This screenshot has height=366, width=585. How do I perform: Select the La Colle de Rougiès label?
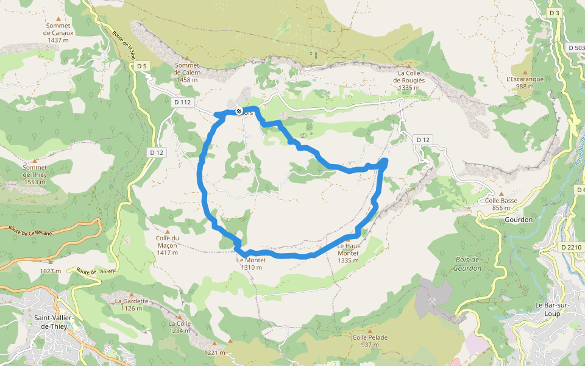[x=408, y=80]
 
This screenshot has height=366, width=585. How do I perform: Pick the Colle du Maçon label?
[x=166, y=245]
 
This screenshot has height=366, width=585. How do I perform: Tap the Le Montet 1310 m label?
[x=252, y=264]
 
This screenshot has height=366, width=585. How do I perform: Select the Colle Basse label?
[x=502, y=204]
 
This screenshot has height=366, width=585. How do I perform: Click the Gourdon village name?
[x=519, y=220]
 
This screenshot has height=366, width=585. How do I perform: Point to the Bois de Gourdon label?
[x=468, y=264]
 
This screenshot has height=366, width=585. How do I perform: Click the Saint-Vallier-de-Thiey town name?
[x=51, y=322]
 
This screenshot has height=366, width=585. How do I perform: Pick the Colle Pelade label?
[x=370, y=340]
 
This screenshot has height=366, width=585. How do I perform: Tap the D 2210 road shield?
[x=570, y=247]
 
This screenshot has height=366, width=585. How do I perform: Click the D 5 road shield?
[x=141, y=65]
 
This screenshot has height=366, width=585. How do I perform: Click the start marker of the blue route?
[x=239, y=111]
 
